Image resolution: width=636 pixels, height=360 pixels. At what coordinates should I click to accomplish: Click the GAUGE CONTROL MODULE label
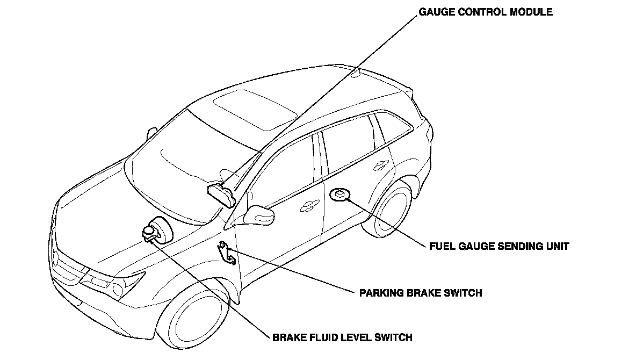486,12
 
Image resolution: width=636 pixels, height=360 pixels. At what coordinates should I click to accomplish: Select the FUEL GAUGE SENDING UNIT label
499,247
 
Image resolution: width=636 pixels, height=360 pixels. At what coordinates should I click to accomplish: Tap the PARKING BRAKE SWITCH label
420,293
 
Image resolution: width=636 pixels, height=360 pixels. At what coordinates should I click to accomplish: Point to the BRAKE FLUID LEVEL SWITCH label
342,338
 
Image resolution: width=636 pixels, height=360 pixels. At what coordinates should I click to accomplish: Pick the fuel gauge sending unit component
339,194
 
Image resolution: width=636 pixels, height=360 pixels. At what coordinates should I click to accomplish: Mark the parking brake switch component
226,252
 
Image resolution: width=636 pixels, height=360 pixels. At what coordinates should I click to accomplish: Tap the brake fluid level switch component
149,233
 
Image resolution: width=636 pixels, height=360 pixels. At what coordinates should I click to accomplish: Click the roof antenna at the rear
355,73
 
